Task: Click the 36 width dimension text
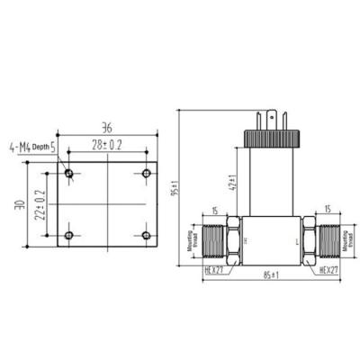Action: [x=107, y=126]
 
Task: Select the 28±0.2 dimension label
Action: [x=107, y=144]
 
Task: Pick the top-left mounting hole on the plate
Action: [x=69, y=172]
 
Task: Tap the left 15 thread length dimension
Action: [x=213, y=211]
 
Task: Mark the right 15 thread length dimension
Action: [x=322, y=211]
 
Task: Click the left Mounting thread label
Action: [x=192, y=241]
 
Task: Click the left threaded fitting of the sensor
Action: [x=213, y=240]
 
